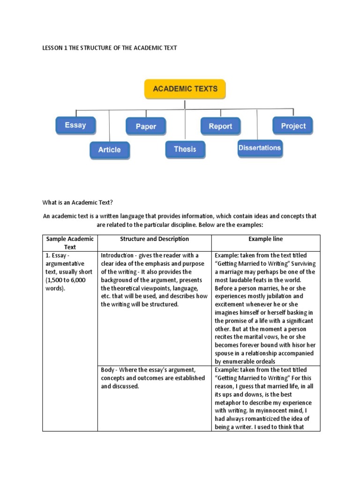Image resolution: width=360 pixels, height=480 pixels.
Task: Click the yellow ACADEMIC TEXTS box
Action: [185, 89]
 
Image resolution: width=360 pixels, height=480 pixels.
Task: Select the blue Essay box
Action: [75, 125]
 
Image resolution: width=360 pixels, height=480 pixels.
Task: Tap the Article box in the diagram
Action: [109, 150]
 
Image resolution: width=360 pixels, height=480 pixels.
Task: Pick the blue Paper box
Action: [145, 127]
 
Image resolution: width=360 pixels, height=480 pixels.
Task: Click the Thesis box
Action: [185, 149]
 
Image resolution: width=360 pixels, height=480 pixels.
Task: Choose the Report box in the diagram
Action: [220, 126]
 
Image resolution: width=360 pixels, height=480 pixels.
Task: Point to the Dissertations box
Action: [259, 148]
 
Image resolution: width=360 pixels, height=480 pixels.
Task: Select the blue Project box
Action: [293, 126]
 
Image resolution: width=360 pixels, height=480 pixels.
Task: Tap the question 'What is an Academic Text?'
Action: [78, 202]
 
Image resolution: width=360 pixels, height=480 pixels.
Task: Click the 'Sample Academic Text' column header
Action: [70, 243]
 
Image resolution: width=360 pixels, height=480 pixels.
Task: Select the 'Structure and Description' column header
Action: [154, 239]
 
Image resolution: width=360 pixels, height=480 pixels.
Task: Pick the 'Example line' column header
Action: [265, 239]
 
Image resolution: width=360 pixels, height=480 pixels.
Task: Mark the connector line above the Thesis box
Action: [185, 124]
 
